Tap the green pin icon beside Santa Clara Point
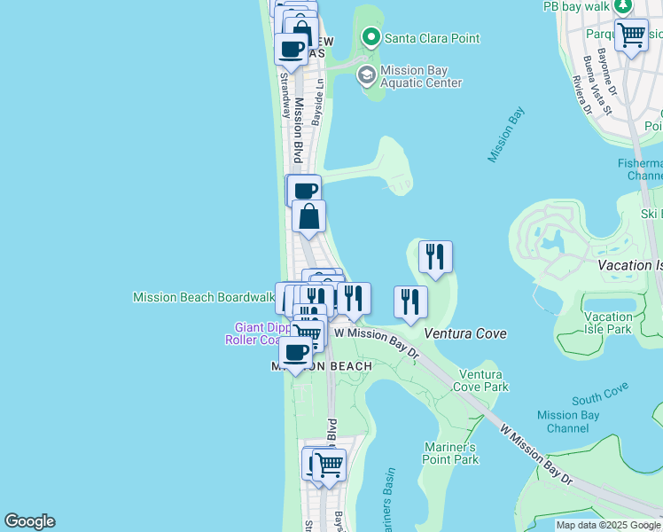370,37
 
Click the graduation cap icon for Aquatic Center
365,75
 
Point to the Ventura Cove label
465,333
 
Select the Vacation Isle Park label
608,323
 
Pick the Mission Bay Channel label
568,421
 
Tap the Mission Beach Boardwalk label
203,297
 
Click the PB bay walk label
577,6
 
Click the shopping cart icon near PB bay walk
631,36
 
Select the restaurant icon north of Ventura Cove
435,256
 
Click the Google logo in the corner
29,521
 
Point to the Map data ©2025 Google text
608,525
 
